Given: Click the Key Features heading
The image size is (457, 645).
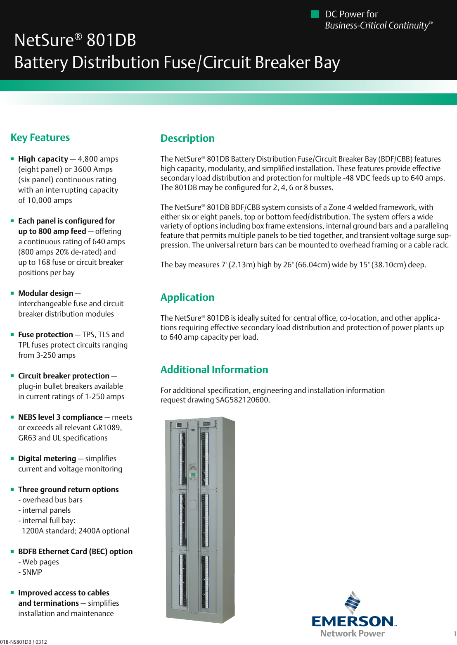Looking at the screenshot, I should pyautogui.click(x=40, y=138).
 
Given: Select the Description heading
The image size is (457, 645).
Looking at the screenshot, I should pyautogui.click(x=187, y=138).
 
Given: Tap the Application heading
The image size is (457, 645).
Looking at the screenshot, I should pyautogui.click(x=187, y=298).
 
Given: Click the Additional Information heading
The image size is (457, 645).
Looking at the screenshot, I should pyautogui.click(x=214, y=370).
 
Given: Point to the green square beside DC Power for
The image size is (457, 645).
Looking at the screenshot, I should pyautogui.click(x=315, y=14).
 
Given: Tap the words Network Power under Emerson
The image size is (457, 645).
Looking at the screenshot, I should pyautogui.click(x=352, y=633).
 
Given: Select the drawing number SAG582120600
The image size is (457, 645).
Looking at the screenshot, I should pyautogui.click(x=242, y=400).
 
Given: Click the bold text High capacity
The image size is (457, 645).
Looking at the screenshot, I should pyautogui.click(x=43, y=159).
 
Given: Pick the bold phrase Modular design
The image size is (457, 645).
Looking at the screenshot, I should pyautogui.click(x=46, y=293).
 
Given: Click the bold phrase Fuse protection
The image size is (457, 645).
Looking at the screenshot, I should pyautogui.click(x=45, y=335).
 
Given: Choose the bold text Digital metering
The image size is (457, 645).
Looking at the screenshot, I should pyautogui.click(x=47, y=459).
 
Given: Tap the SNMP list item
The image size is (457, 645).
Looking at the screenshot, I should pyautogui.click(x=32, y=572).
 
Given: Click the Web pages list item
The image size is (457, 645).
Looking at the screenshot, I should pyautogui.click(x=40, y=562).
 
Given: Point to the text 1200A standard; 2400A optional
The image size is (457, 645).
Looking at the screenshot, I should pyautogui.click(x=76, y=531).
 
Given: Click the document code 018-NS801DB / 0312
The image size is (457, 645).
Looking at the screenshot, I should pyautogui.click(x=24, y=642).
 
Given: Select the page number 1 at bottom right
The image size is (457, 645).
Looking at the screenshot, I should pyautogui.click(x=455, y=634).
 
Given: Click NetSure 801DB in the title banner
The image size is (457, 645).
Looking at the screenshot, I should pyautogui.click(x=75, y=40).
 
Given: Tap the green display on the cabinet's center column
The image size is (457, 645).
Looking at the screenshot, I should pyautogui.click(x=192, y=475).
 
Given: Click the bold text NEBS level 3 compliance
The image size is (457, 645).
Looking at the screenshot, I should pyautogui.click(x=60, y=417).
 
